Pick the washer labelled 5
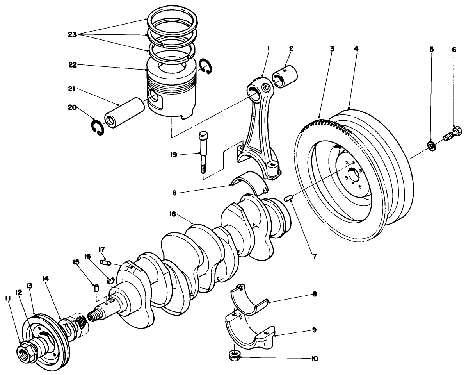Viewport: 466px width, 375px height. tap(431, 146)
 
